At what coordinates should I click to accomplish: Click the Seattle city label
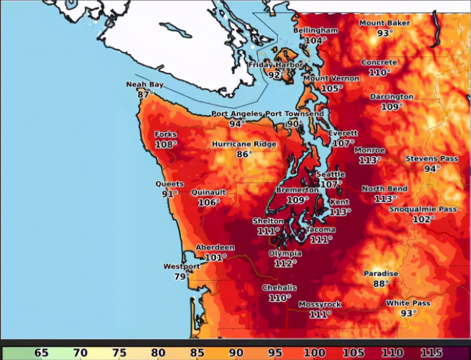click(331, 174)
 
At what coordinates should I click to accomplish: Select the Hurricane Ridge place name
click(244, 144)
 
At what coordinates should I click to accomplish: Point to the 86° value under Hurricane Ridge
click(244, 155)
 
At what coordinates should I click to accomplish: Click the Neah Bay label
click(145, 85)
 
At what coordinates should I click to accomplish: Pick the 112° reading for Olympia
click(285, 263)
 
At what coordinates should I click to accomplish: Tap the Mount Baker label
click(385, 23)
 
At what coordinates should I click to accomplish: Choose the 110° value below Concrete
click(379, 72)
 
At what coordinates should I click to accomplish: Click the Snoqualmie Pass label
click(423, 209)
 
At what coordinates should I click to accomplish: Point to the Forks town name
click(165, 135)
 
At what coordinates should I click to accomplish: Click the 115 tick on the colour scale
click(431, 353)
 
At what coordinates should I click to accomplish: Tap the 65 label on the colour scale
click(41, 353)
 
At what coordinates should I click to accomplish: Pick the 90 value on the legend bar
click(236, 353)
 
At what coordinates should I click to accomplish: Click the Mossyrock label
click(320, 304)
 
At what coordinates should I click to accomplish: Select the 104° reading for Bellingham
click(315, 40)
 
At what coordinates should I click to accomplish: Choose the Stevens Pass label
click(431, 158)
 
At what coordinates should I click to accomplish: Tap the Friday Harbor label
click(275, 65)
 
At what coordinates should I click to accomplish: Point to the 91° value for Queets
click(169, 194)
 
